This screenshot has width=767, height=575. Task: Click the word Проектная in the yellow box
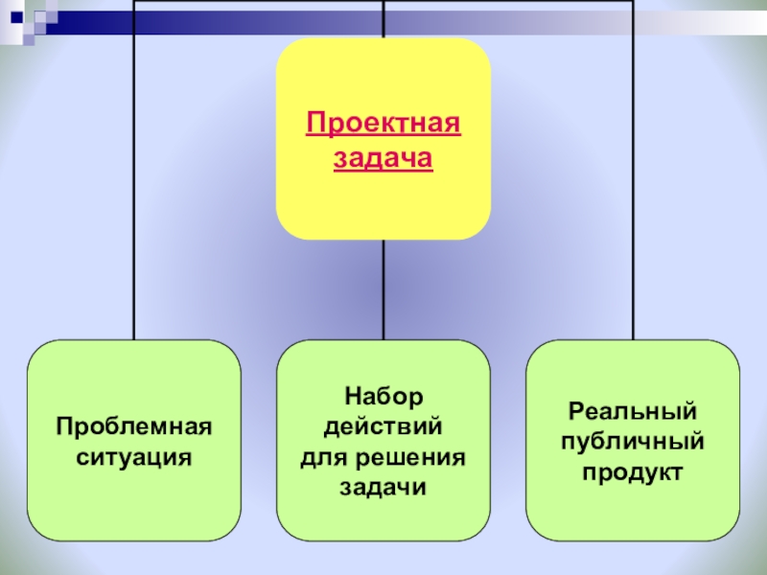point(383,125)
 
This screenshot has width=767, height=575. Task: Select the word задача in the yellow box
point(383,158)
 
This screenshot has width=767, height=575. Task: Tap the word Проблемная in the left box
point(134,425)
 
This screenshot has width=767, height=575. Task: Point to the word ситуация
point(134,457)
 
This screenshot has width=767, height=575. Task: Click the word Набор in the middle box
point(383,395)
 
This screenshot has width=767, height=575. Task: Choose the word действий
point(383,425)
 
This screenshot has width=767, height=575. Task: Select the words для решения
point(383,457)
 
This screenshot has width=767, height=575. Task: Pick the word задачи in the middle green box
point(383,488)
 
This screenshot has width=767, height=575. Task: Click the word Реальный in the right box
point(633,410)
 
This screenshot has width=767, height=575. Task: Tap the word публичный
point(633,442)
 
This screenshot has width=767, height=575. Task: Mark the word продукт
point(633,472)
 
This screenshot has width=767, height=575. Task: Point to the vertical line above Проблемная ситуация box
point(134,192)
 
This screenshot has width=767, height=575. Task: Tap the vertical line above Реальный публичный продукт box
point(633,192)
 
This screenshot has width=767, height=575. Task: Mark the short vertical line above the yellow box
point(383,19)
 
